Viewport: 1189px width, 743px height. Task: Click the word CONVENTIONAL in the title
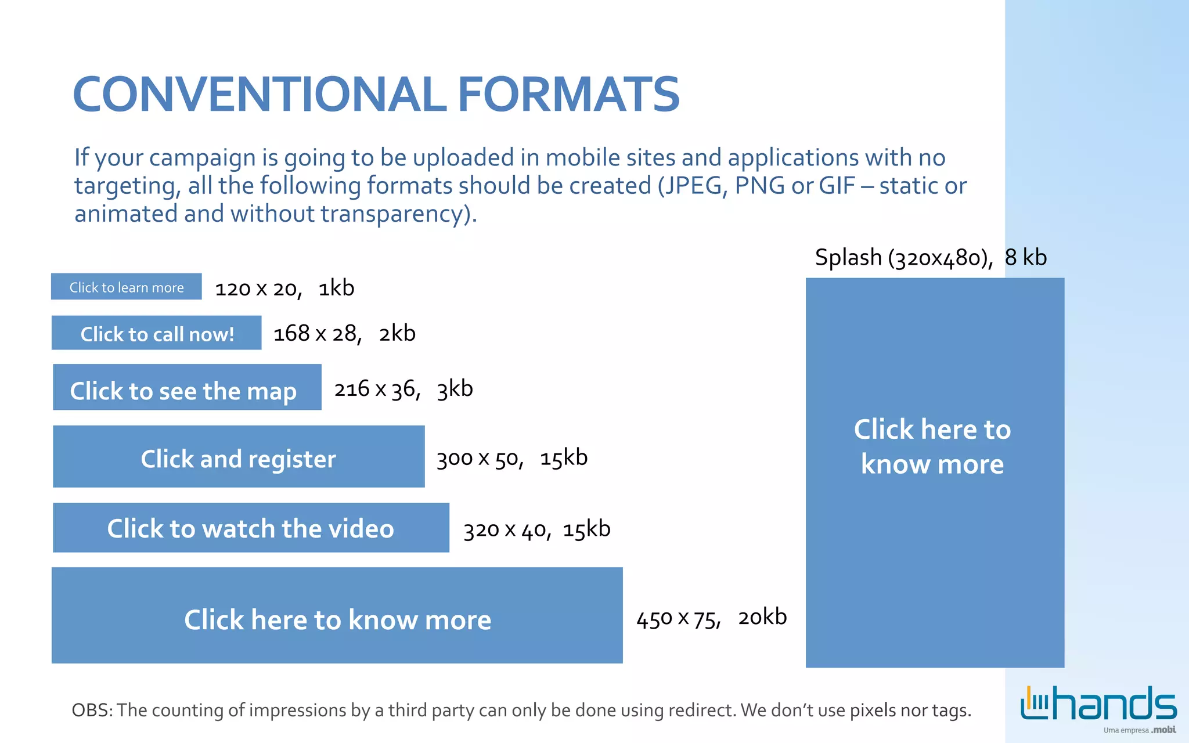tap(260, 95)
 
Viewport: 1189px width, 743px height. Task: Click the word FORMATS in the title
tap(568, 95)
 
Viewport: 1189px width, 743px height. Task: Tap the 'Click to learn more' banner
tap(127, 287)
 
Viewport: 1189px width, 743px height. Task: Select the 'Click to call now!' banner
tap(157, 333)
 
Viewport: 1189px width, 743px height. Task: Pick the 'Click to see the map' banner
tap(187, 388)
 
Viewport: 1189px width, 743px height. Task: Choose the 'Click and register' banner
tap(239, 457)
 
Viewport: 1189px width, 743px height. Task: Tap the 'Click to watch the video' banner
tap(251, 528)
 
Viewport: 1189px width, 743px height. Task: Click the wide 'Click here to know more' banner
tap(337, 616)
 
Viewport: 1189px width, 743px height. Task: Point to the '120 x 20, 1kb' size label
tap(284, 288)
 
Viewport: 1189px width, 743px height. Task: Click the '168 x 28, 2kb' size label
tap(344, 334)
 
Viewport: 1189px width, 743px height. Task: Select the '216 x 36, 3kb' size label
tap(403, 389)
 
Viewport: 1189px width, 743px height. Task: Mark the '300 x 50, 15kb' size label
tap(511, 458)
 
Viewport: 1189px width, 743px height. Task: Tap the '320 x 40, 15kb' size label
tap(536, 529)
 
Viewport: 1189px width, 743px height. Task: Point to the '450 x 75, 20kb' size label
tap(711, 618)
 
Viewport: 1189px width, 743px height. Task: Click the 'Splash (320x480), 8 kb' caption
tap(930, 257)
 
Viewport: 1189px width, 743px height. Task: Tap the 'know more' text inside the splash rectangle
tap(932, 464)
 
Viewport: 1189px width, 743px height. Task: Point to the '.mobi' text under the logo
tap(1163, 730)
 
